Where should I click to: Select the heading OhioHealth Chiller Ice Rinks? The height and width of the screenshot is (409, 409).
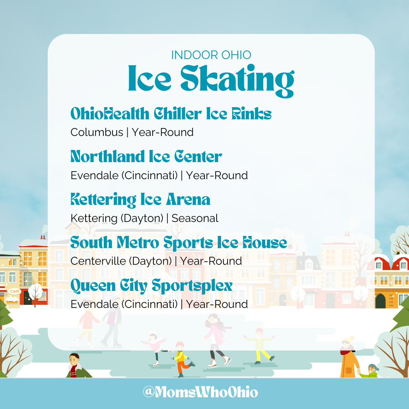pos(171,114)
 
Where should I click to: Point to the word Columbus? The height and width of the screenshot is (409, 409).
pos(97,132)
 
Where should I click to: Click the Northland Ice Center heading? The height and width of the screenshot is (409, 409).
pos(146,156)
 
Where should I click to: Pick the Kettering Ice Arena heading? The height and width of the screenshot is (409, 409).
pos(140,200)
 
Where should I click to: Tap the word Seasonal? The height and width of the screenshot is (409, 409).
pos(195,218)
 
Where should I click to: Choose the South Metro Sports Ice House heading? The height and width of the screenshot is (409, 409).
pos(178,242)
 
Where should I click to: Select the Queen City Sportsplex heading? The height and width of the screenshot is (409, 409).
pos(151,286)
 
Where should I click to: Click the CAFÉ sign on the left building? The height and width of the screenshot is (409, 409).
pos(15,291)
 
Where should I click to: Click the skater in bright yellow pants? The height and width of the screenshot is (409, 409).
pos(260,345)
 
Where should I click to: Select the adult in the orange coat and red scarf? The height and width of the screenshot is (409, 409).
pos(349,358)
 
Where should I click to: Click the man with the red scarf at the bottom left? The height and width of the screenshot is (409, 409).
pos(76,365)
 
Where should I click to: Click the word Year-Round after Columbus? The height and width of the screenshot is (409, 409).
pos(162,132)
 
